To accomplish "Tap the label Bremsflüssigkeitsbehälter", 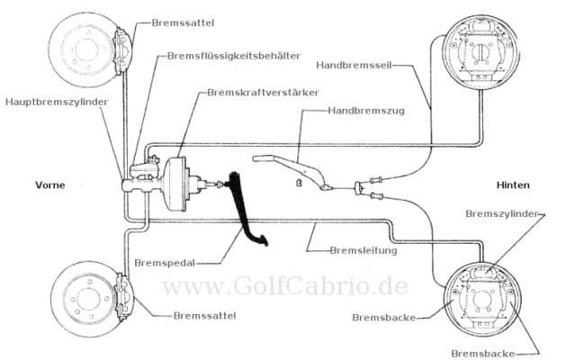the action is (234, 56).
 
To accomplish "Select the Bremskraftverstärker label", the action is (263, 93).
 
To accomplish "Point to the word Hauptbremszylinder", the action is (57, 102).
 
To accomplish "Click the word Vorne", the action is (49, 185).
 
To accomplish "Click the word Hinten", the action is (513, 185).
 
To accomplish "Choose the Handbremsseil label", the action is (354, 65).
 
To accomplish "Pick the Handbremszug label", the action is (366, 111).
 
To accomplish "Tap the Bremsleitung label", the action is (364, 250).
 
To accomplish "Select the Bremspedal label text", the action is (165, 263).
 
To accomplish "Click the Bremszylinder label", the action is (502, 214).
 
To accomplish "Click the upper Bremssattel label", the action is (183, 23).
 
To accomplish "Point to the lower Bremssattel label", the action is (204, 316).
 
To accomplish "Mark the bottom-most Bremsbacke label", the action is (483, 354).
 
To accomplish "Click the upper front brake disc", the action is (88, 49).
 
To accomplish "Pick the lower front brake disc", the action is (90, 299).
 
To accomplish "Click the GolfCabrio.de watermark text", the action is (285, 286).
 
